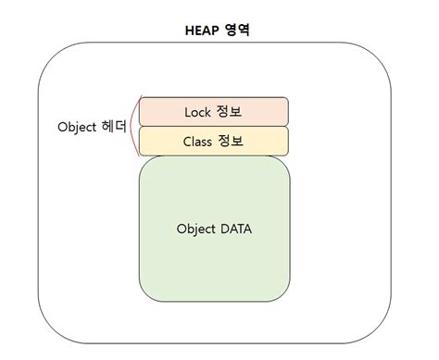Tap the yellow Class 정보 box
point(214,142)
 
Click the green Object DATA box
point(214,229)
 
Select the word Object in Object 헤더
point(77,127)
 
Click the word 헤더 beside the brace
point(113,127)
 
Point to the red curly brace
point(133,126)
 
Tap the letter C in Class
point(188,142)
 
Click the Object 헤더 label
point(91,127)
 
